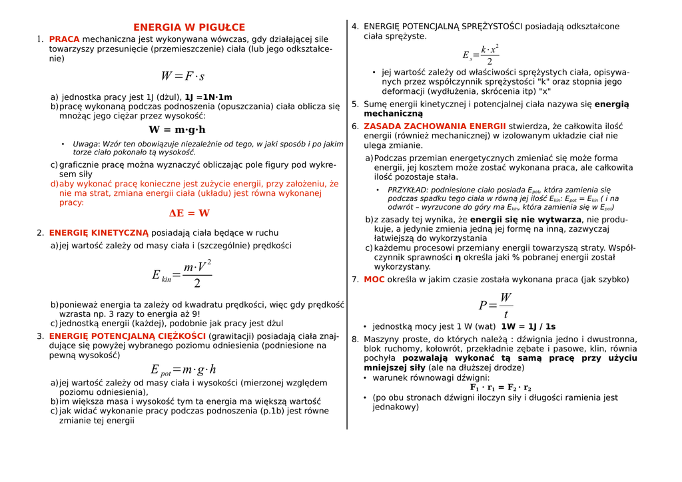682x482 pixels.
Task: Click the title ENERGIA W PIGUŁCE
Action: [x=189, y=27]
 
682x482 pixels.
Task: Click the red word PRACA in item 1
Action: [x=64, y=39]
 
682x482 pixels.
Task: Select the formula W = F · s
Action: [x=182, y=77]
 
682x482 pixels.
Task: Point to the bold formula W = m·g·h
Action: [x=176, y=130]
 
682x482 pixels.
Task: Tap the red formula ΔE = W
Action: [x=189, y=214]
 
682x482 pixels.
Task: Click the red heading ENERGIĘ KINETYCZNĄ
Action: [x=99, y=233]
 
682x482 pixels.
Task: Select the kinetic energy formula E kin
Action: [x=182, y=274]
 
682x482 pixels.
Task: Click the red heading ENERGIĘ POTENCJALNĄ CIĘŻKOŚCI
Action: [x=127, y=336]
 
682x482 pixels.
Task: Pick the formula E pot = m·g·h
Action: [x=183, y=370]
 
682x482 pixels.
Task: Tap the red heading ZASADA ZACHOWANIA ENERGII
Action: [x=435, y=126]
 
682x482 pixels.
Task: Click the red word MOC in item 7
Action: [x=374, y=280]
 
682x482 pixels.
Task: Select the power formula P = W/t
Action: [x=496, y=305]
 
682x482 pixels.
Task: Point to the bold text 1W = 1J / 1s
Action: [x=528, y=327]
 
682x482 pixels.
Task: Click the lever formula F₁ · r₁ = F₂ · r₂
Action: [x=501, y=387]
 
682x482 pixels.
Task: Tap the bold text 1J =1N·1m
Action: [x=208, y=97]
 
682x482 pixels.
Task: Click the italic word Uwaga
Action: [x=85, y=144]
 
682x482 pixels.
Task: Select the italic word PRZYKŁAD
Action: [x=408, y=190]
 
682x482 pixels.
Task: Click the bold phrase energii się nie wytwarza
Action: [x=525, y=220]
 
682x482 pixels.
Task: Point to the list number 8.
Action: [x=355, y=340]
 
